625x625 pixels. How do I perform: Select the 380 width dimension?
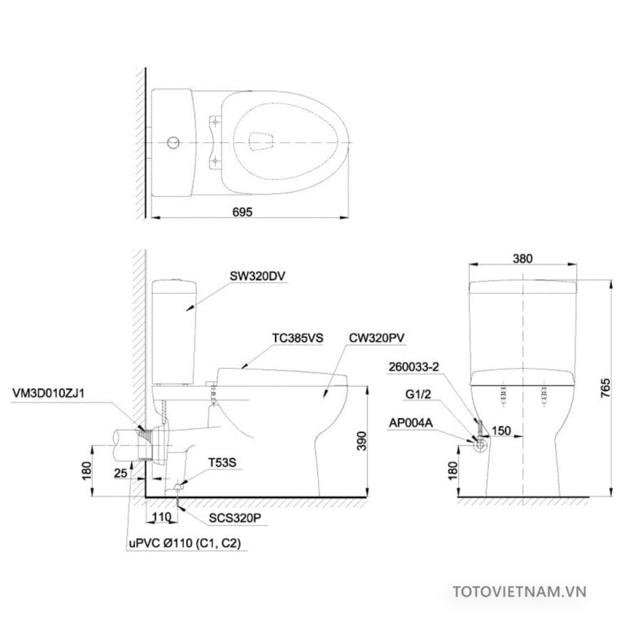[x=522, y=259]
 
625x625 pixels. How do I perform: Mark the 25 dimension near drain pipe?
[x=120, y=471]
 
